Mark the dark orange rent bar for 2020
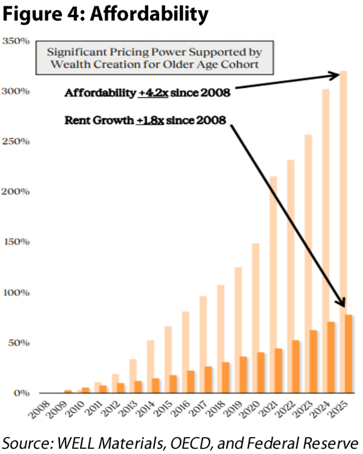(261, 373)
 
